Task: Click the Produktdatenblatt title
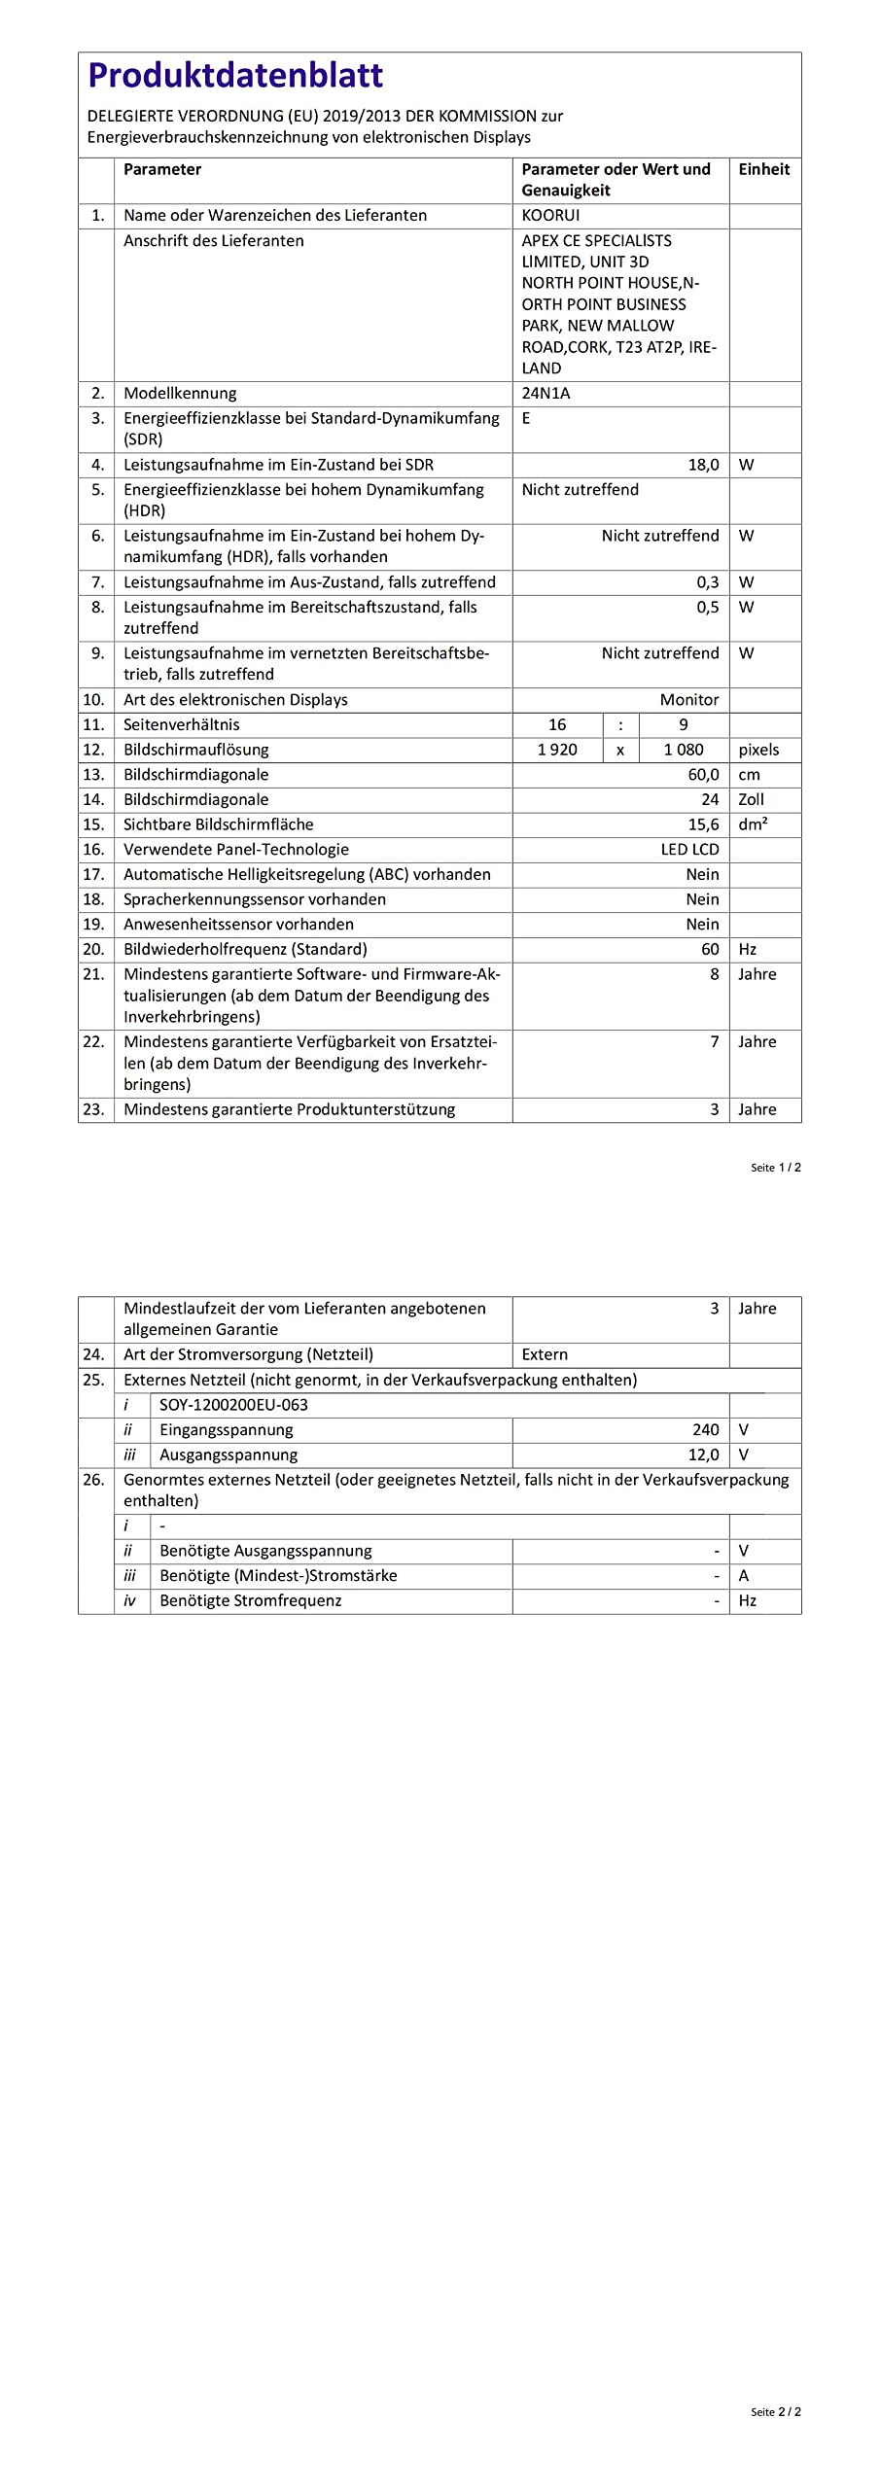tap(235, 75)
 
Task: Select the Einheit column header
tap(763, 169)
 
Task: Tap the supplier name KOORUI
tap(550, 215)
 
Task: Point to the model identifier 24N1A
tap(546, 393)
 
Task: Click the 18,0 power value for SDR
tap(703, 465)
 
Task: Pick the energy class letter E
tap(526, 418)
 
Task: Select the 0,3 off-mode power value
tap(707, 582)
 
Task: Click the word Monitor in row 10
tap(689, 699)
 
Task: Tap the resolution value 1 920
tap(557, 750)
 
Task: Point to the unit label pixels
tap(758, 750)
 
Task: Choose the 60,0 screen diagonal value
tap(703, 775)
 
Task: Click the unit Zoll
tap(751, 799)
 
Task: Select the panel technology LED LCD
tap(689, 850)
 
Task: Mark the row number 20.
tap(93, 949)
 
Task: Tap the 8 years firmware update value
tap(715, 974)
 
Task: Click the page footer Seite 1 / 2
tap(775, 1168)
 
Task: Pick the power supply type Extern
tap(545, 1354)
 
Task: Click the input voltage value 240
tap(706, 1430)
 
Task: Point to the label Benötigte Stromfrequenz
tap(251, 1601)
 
